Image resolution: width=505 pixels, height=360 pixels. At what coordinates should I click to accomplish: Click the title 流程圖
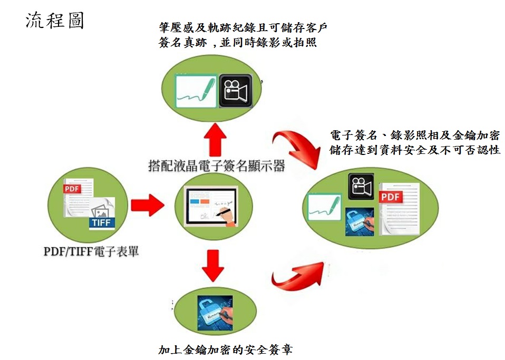click(x=55, y=21)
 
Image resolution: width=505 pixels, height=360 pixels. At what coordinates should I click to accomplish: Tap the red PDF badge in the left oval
click(x=72, y=189)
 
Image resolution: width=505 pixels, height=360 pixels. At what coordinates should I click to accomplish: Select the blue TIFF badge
click(x=102, y=223)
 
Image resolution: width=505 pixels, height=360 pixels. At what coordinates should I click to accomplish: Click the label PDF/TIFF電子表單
click(x=91, y=251)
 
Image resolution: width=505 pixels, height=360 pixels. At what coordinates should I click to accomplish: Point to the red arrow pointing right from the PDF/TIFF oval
click(x=148, y=205)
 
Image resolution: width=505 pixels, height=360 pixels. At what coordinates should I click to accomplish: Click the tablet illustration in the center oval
click(x=211, y=207)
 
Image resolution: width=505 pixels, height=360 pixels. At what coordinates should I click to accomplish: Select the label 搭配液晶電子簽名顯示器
click(x=217, y=166)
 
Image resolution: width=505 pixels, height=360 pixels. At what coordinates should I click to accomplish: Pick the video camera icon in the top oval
click(x=236, y=91)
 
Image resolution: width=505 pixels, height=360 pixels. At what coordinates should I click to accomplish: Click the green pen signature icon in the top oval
click(x=196, y=91)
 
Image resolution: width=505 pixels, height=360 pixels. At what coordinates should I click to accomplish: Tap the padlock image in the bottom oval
click(x=215, y=313)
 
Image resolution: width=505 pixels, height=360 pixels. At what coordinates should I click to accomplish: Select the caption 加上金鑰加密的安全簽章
click(x=226, y=349)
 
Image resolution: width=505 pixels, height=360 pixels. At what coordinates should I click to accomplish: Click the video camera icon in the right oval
click(x=361, y=186)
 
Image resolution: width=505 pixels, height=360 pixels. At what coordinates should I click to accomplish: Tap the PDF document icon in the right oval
click(x=400, y=209)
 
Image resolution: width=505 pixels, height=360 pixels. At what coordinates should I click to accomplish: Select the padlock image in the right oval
click(x=360, y=222)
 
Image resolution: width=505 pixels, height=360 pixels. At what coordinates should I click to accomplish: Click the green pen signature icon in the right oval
click(x=324, y=207)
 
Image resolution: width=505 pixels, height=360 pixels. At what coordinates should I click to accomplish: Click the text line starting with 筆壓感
click(x=243, y=28)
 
